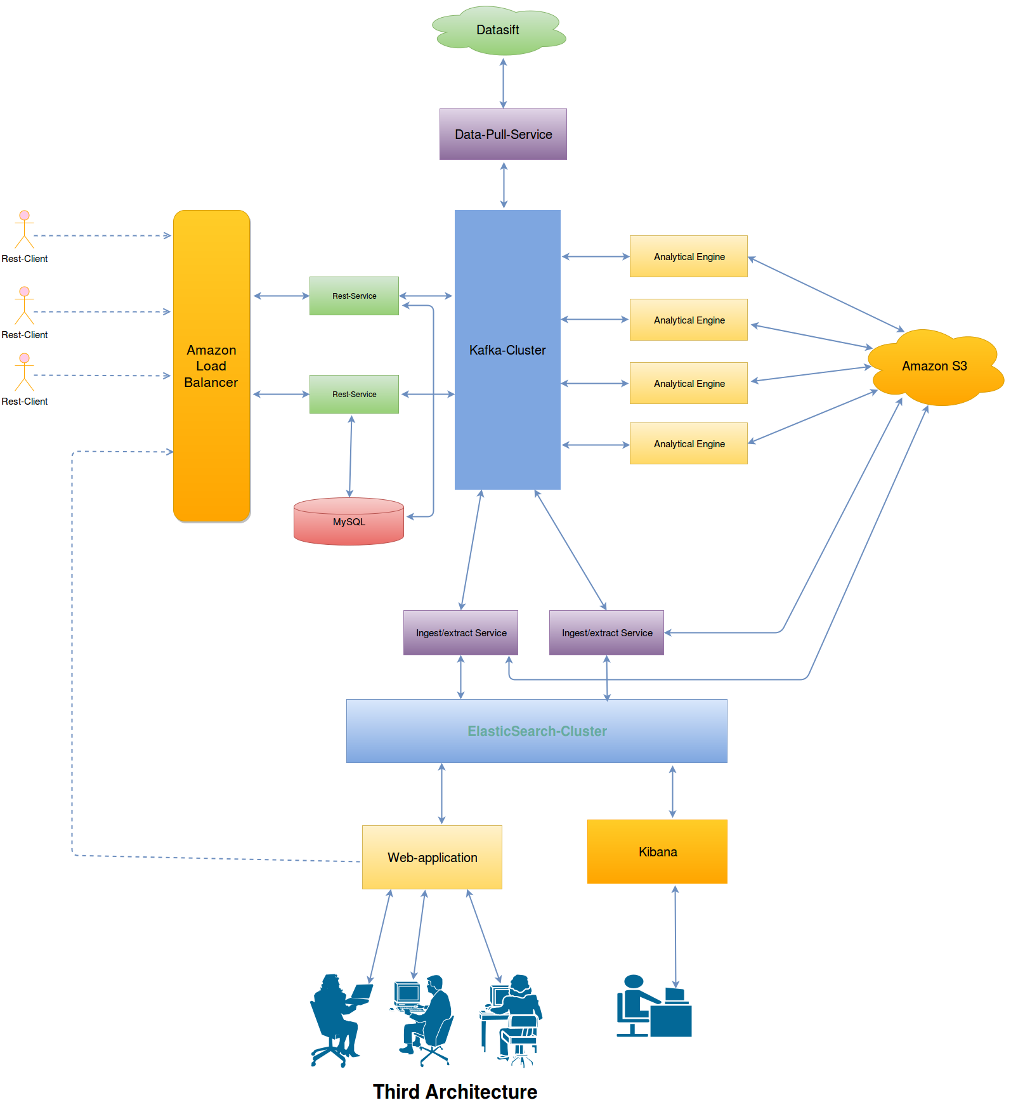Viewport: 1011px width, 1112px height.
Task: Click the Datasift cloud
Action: point(499,30)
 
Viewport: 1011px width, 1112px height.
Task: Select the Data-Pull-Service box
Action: point(503,134)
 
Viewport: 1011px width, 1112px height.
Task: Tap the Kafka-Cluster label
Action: point(507,350)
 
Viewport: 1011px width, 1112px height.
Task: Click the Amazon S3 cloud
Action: point(934,367)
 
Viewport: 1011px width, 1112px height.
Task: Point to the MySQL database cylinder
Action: point(349,522)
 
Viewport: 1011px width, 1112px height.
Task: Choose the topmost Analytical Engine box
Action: point(688,257)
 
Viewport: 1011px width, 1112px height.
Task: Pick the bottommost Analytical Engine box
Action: point(688,444)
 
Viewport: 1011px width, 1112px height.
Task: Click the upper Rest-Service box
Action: point(354,296)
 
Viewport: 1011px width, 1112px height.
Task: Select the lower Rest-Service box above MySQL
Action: point(354,395)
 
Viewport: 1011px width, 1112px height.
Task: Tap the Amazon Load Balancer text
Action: point(211,366)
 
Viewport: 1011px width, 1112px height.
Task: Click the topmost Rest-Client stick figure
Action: point(24,230)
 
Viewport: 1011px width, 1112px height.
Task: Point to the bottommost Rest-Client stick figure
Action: point(24,372)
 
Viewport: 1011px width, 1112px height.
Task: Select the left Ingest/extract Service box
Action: point(460,633)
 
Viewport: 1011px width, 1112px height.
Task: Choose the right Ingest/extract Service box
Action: point(606,633)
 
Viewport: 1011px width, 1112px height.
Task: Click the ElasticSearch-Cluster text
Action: point(537,731)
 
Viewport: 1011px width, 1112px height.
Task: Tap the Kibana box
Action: point(657,852)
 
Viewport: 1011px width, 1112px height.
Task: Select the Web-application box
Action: point(432,858)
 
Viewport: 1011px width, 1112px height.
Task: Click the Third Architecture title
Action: point(455,1092)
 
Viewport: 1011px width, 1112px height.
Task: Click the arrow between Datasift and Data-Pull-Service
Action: point(503,83)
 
